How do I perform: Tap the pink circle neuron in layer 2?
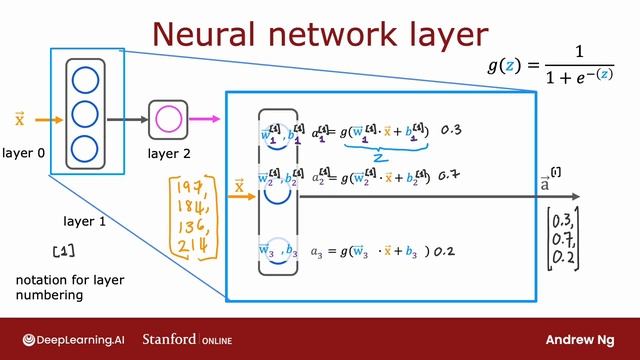point(168,120)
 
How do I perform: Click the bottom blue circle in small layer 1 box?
point(85,149)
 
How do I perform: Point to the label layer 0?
point(24,153)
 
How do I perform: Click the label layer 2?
point(169,153)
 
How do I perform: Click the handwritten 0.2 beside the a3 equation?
point(444,251)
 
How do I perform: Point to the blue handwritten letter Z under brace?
point(379,157)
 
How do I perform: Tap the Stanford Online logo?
point(187,339)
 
